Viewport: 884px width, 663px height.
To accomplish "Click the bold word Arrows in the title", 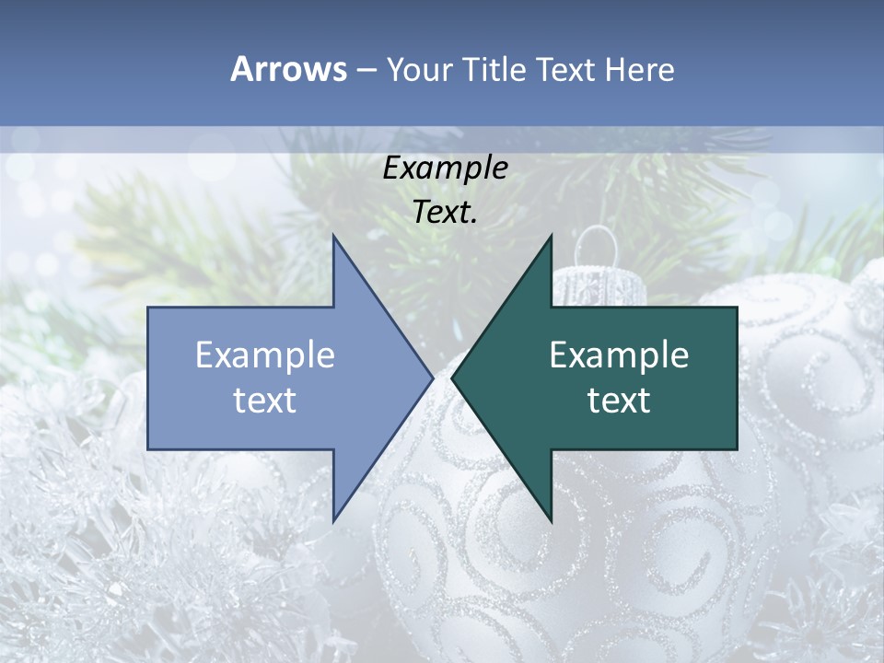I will (x=287, y=69).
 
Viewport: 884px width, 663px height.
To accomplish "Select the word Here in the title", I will (x=639, y=69).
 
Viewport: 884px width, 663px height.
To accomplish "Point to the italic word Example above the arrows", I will (x=445, y=168).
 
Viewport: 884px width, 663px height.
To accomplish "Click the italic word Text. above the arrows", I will (x=445, y=213).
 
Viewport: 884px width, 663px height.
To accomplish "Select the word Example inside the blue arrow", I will (x=265, y=355).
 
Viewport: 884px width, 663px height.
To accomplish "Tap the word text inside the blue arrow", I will (x=265, y=401).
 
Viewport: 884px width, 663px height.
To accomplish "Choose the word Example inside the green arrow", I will (x=619, y=355).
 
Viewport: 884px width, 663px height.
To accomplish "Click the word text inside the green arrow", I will (x=619, y=401).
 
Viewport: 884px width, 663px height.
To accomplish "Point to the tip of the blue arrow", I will (x=432, y=378).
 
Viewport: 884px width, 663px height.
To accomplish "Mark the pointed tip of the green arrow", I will (x=452, y=378).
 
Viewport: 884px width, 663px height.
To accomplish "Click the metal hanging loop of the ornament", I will (x=597, y=245).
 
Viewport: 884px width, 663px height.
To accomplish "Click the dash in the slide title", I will (x=365, y=69).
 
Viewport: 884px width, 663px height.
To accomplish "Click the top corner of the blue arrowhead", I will (x=333, y=237).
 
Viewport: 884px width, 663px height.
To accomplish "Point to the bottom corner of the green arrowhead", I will (x=551, y=521).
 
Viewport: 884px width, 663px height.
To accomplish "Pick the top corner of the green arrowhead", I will (x=551, y=237).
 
